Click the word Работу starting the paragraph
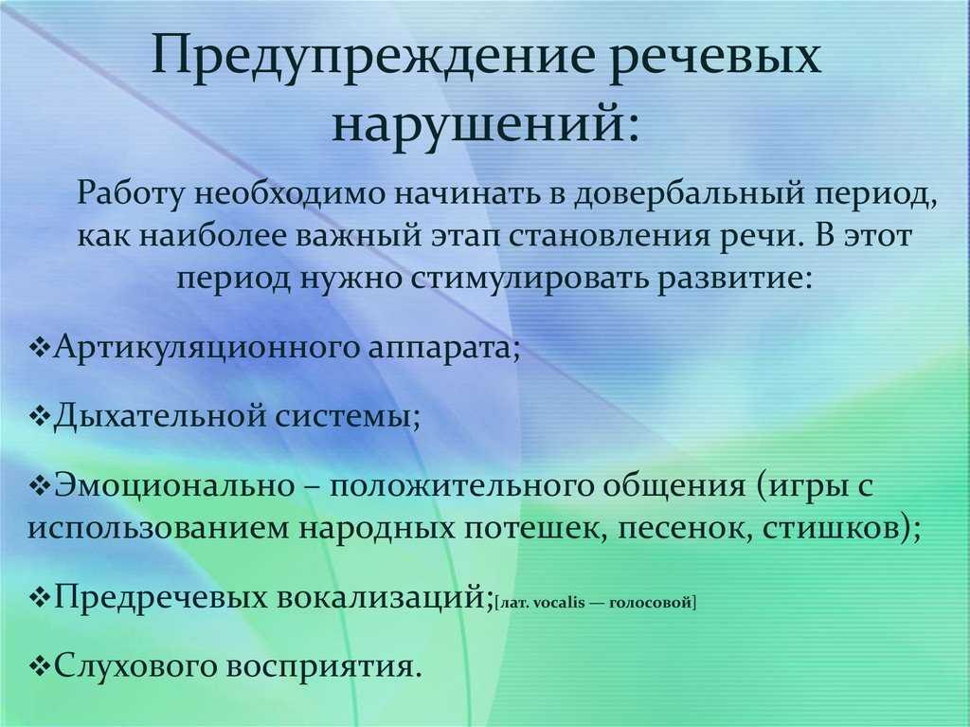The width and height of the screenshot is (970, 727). pos(131,193)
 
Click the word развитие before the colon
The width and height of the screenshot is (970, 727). pos(727,278)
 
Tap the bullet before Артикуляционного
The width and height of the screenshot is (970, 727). pos(41,348)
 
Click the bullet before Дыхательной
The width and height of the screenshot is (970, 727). pos(41,417)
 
